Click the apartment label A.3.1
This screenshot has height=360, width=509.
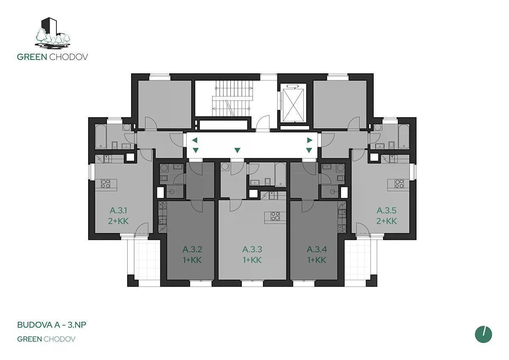tap(118, 211)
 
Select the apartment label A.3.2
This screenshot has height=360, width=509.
tap(192, 250)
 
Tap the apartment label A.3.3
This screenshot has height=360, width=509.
tap(252, 250)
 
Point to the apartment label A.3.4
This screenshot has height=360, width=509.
tap(317, 250)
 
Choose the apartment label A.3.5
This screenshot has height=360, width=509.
tap(386, 211)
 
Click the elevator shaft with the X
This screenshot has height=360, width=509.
tap(294, 105)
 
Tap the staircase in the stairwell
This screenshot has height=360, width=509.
tap(233, 98)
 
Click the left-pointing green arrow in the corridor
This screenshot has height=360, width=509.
tap(195, 140)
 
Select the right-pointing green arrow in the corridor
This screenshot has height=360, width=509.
tap(310, 140)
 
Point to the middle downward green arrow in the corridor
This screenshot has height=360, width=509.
tap(237, 150)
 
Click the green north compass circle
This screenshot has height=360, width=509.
tap(483, 335)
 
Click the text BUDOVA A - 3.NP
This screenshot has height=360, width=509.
tap(52, 325)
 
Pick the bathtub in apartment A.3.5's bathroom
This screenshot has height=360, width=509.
tap(404, 136)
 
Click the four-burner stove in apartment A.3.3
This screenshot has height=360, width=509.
tap(275, 216)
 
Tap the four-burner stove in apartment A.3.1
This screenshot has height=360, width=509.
tap(106, 184)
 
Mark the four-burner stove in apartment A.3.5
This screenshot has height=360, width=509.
tap(399, 184)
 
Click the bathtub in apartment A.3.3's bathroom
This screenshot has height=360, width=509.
tap(280, 174)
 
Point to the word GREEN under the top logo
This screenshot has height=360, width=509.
tap(32, 57)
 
